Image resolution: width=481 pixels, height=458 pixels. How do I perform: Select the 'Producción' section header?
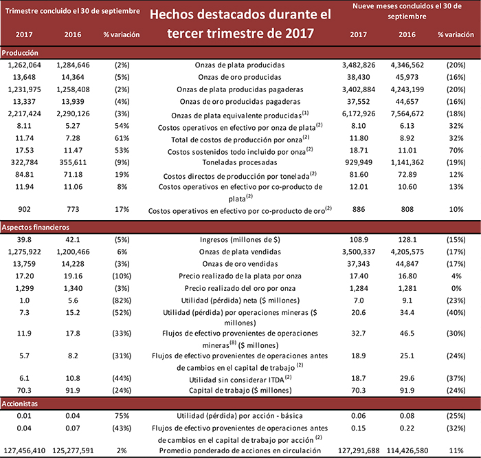[x=19, y=52]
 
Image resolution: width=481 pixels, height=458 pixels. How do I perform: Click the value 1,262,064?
[x=25, y=65]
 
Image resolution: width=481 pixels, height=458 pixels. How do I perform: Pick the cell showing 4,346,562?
[x=408, y=65]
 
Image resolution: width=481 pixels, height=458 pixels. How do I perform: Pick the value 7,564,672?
[x=408, y=113]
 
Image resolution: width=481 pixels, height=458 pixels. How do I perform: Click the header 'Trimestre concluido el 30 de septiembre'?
[x=73, y=12]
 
